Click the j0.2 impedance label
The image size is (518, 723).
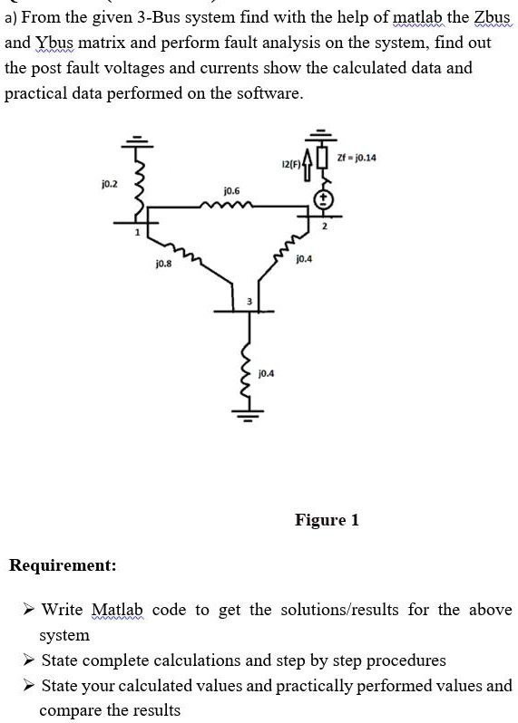pos(110,185)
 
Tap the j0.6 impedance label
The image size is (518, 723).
pos(231,190)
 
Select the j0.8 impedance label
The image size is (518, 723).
pos(164,264)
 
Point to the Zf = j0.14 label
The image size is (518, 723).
pos(357,158)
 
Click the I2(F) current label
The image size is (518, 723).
pos(290,164)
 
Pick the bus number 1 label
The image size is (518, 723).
pos(137,232)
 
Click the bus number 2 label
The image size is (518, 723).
pos(324,226)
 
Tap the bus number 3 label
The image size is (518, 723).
pos(249,302)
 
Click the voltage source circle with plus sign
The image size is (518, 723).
pos(323,199)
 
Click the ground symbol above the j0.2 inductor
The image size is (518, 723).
pos(137,141)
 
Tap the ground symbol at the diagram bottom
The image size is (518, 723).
pos(249,417)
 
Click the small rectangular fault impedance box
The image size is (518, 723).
pos(323,158)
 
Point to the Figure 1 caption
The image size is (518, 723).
pos(327,520)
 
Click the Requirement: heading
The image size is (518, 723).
pos(63,564)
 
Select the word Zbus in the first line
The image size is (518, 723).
pos(493,17)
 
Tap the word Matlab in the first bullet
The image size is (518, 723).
pos(118,610)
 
